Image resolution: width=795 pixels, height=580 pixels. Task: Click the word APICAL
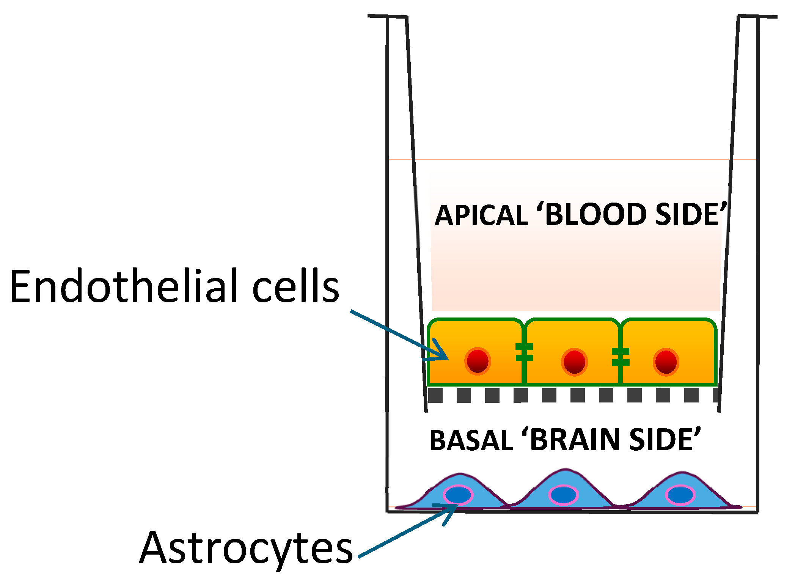(481, 215)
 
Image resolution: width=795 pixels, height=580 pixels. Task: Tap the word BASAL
(471, 440)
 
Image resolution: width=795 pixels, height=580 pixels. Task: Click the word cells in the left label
(296, 286)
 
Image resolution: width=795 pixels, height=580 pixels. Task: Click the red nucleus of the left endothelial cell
(478, 361)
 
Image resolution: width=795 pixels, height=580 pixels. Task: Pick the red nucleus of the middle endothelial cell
(574, 362)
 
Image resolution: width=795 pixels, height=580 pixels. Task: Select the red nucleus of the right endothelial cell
(666, 362)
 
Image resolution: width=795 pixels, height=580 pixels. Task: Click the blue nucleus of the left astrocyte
(458, 495)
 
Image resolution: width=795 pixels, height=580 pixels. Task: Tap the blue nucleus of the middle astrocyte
(563, 495)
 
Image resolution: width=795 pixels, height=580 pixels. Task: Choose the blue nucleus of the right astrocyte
(680, 495)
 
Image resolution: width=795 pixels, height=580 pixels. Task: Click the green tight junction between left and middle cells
(525, 352)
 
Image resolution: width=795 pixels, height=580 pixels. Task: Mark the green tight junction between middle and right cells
(621, 357)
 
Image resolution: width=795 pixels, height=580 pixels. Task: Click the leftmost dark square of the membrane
(435, 395)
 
